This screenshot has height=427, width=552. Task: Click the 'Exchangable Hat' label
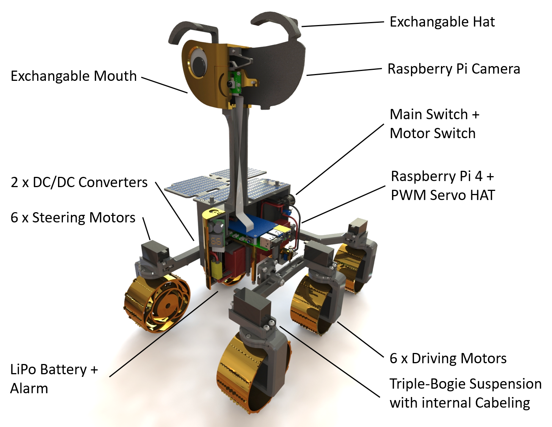click(442, 22)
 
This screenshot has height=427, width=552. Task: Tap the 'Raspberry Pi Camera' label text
click(453, 69)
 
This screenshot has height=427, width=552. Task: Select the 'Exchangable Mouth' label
click(74, 76)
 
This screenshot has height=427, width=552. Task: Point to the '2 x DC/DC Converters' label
click(79, 183)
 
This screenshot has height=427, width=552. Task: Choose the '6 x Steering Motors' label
click(73, 218)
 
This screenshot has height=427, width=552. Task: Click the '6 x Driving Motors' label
click(448, 358)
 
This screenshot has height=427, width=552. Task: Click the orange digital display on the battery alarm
click(216, 241)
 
